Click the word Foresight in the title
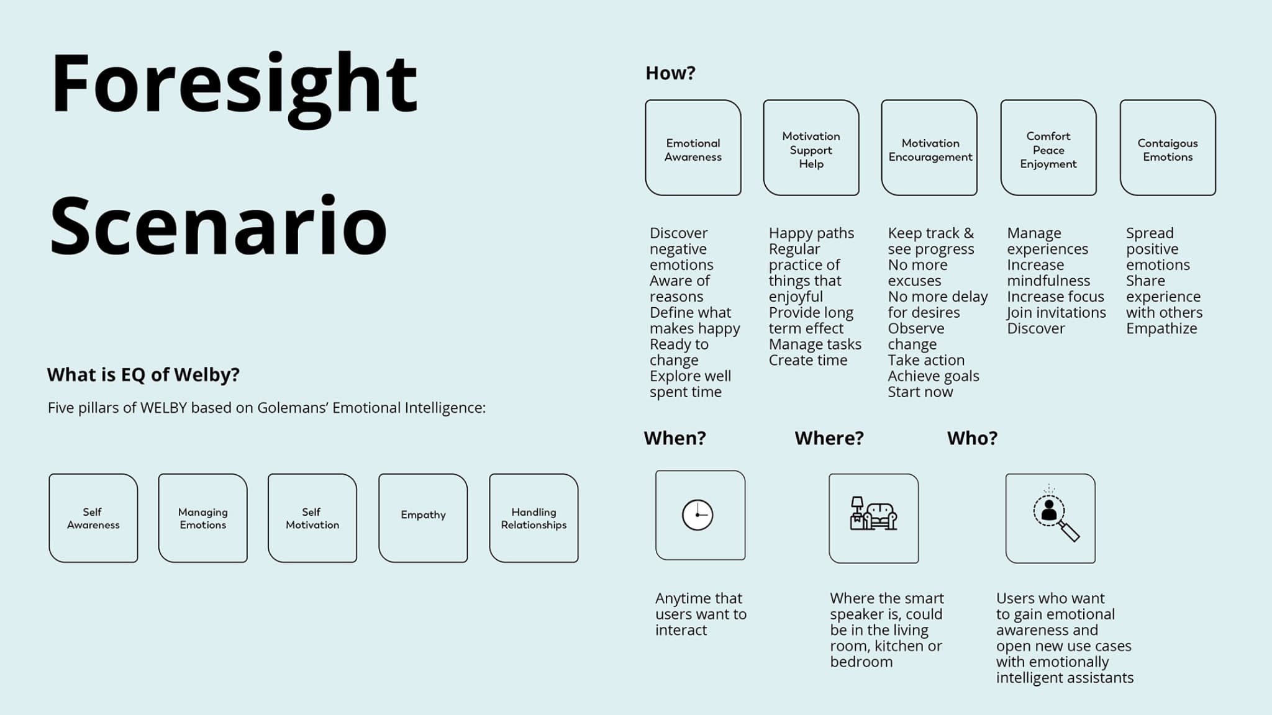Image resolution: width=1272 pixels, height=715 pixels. pos(234,86)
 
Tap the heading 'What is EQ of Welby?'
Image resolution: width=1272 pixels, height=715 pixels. pos(143,374)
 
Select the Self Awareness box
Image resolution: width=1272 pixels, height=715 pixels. pos(93,518)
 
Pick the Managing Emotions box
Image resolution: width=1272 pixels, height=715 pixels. pos(203,518)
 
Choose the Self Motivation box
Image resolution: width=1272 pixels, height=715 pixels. pos(312,518)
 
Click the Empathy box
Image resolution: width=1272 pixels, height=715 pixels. pos(423,518)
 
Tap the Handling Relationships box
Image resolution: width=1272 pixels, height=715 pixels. pos(534,518)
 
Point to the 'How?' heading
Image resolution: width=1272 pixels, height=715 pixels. pos(670,73)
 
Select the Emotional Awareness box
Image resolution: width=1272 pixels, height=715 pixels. pos(693,148)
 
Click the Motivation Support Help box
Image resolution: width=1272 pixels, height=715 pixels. pos(811,148)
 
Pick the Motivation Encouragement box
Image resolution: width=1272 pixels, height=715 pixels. pos(930,148)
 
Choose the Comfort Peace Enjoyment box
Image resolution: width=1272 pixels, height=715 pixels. pos(1048,148)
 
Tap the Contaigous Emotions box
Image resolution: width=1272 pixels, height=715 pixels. pos(1168,148)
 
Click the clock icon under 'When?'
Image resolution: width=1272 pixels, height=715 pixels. pos(697,515)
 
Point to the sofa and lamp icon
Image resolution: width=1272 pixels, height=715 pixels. pos(873,515)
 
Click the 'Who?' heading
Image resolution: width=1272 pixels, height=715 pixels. pos(972,438)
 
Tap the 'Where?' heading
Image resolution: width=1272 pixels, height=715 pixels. pos(829,438)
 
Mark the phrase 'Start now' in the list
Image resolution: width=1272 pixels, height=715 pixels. pos(920,392)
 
